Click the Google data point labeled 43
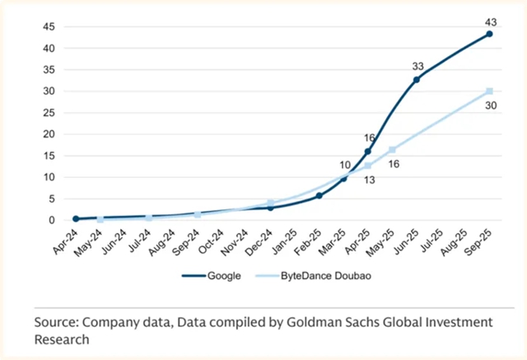click(489, 34)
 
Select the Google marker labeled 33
click(417, 79)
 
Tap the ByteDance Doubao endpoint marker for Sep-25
click(489, 91)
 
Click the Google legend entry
click(216, 276)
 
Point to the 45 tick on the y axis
click(49, 26)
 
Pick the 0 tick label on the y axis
click(52, 220)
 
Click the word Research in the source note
click(66, 339)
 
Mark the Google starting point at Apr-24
click(76, 219)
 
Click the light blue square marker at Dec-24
click(270, 203)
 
